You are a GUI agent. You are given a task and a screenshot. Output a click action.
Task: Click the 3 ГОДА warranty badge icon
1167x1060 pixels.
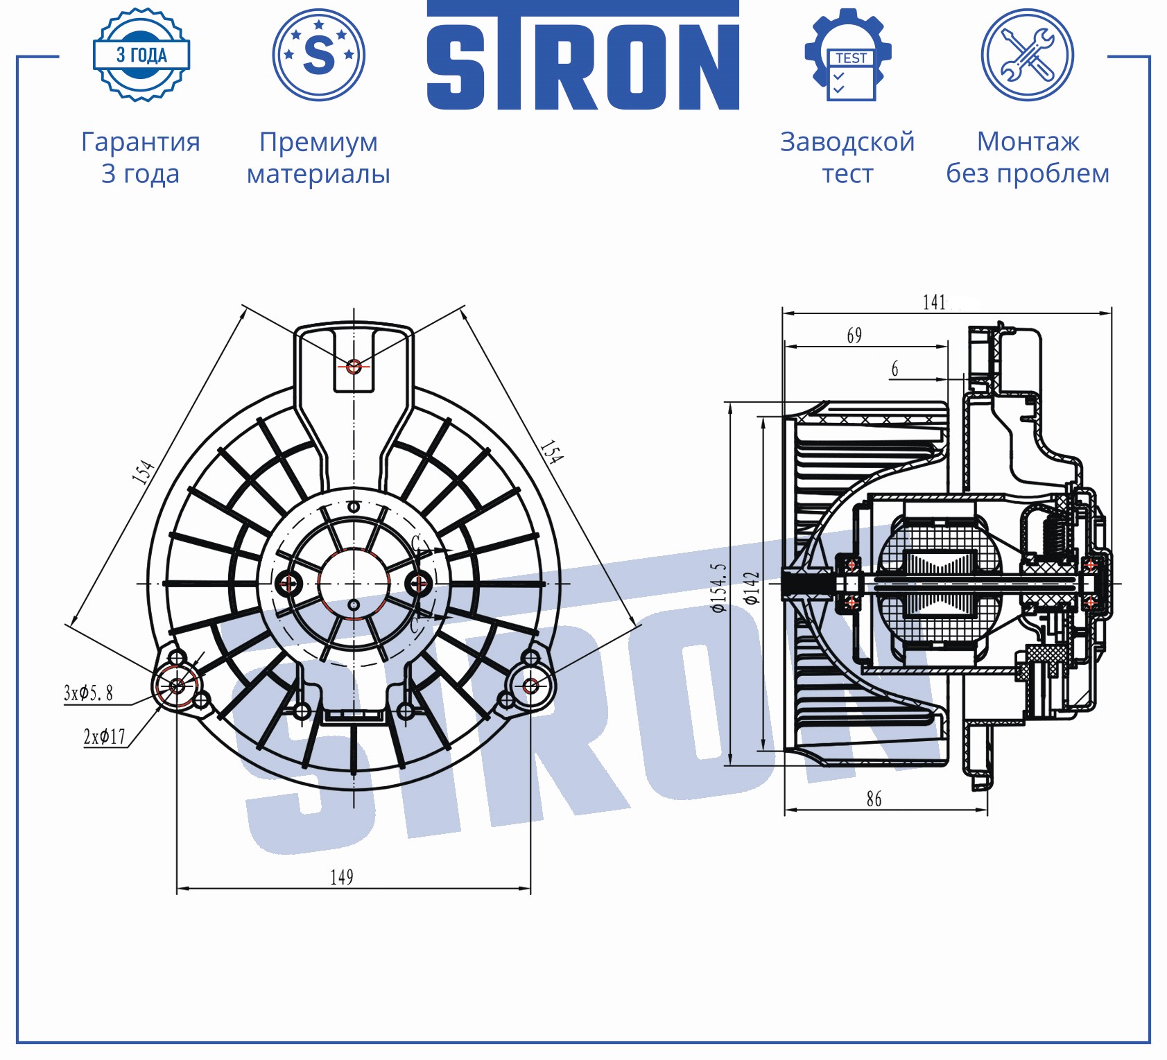coord(141,55)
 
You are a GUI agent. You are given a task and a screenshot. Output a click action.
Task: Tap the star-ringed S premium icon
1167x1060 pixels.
coord(318,55)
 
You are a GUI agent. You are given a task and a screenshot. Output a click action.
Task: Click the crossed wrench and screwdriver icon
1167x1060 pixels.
coord(1027,55)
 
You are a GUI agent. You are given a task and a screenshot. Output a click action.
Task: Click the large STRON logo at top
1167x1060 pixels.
coord(582,59)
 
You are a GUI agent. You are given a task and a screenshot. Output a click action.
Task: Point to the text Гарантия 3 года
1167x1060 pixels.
coord(141,157)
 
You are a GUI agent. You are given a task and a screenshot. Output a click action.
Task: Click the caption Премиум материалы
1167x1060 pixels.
coord(318,157)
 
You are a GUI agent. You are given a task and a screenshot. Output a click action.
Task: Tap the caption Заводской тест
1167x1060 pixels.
coord(847,157)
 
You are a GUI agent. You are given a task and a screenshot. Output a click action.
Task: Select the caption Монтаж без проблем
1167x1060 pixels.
coord(1028,157)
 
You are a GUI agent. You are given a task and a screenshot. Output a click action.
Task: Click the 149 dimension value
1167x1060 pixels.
coord(342,878)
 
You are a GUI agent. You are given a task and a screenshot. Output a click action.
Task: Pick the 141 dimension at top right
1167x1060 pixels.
coord(934,302)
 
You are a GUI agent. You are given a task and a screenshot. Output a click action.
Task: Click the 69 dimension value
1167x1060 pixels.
coord(854,336)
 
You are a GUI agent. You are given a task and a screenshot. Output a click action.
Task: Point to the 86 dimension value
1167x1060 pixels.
coord(874,799)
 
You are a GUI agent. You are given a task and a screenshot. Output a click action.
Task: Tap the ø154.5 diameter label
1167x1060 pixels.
coord(719,588)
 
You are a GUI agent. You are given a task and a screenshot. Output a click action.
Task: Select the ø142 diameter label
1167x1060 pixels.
coord(752,588)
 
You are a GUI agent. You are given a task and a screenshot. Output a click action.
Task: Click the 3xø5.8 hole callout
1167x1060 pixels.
coord(88,693)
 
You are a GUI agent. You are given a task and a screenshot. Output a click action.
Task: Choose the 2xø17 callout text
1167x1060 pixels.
coord(105,737)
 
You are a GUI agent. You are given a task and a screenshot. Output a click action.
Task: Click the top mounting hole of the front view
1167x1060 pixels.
coord(354,365)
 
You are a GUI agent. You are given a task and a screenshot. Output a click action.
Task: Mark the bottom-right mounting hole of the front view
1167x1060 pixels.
coord(530,686)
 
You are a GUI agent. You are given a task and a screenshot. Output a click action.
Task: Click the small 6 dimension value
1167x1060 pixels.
coord(894,369)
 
